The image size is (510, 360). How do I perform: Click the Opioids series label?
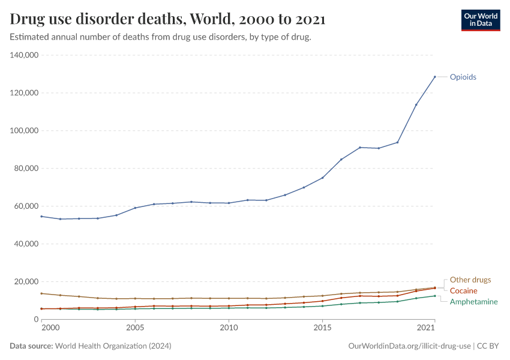tap(463, 77)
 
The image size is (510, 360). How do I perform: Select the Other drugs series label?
tap(470, 280)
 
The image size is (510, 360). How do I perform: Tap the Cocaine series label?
tap(464, 291)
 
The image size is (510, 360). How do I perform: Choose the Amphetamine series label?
tap(474, 302)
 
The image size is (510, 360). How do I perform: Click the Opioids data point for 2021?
tap(434, 77)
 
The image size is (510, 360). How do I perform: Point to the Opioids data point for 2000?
tap(41, 217)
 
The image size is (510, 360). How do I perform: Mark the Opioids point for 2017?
tap(360, 148)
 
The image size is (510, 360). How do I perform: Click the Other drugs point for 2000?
tap(41, 293)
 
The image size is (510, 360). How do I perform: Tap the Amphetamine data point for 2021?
tap(434, 296)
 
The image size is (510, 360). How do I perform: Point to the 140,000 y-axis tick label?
tap(24, 55)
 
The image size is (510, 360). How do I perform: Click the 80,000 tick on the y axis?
tap(26, 169)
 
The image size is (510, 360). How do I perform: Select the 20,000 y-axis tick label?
tap(26, 282)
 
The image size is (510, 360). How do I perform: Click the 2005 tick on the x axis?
tap(135, 328)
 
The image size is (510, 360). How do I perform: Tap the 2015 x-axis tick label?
tap(322, 328)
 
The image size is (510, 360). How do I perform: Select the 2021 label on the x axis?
tap(426, 328)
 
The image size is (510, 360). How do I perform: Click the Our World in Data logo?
tap(480, 20)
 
